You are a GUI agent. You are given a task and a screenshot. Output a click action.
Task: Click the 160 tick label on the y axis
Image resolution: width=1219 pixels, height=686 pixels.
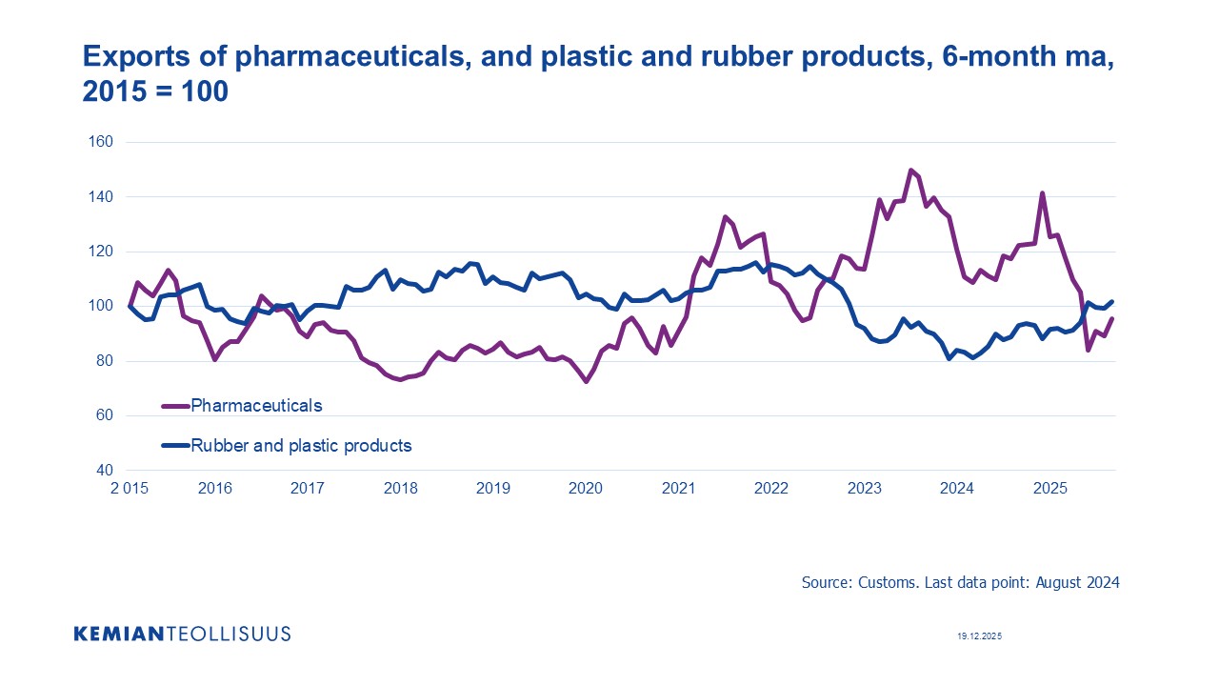click(101, 142)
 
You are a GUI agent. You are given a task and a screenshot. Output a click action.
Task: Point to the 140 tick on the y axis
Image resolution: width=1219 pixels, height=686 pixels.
click(101, 197)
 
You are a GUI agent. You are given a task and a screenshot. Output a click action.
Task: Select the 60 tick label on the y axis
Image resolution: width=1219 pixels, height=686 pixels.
click(104, 415)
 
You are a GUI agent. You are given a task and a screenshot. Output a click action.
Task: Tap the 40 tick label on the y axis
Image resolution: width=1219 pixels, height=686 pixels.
click(104, 471)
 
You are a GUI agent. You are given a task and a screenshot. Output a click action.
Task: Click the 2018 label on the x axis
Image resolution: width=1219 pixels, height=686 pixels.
click(401, 489)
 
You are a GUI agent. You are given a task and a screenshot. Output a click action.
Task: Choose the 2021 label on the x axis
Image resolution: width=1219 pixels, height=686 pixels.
click(679, 489)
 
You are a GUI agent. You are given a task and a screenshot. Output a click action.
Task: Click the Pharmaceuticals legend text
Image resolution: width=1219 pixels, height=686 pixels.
click(256, 406)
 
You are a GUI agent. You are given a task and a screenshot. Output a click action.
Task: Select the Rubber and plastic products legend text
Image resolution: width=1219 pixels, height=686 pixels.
click(301, 445)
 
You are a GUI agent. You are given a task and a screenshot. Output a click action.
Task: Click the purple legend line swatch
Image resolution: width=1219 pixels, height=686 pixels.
click(175, 406)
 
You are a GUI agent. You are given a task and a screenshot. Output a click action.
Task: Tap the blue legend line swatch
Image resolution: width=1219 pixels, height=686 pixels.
click(175, 445)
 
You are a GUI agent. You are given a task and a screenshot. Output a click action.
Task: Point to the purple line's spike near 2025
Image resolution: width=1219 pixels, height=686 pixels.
click(1043, 193)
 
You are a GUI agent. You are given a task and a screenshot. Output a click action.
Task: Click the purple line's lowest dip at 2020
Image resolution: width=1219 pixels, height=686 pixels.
click(587, 381)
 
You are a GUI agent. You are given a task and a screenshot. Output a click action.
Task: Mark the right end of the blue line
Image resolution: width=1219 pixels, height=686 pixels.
click(1111, 302)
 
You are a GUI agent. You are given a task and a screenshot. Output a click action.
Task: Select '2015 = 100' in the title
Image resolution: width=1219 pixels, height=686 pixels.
click(155, 94)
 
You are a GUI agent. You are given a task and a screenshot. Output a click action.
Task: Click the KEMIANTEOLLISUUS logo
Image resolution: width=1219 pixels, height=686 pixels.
click(182, 634)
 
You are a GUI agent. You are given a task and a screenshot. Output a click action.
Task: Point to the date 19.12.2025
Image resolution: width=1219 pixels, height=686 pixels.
click(980, 636)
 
